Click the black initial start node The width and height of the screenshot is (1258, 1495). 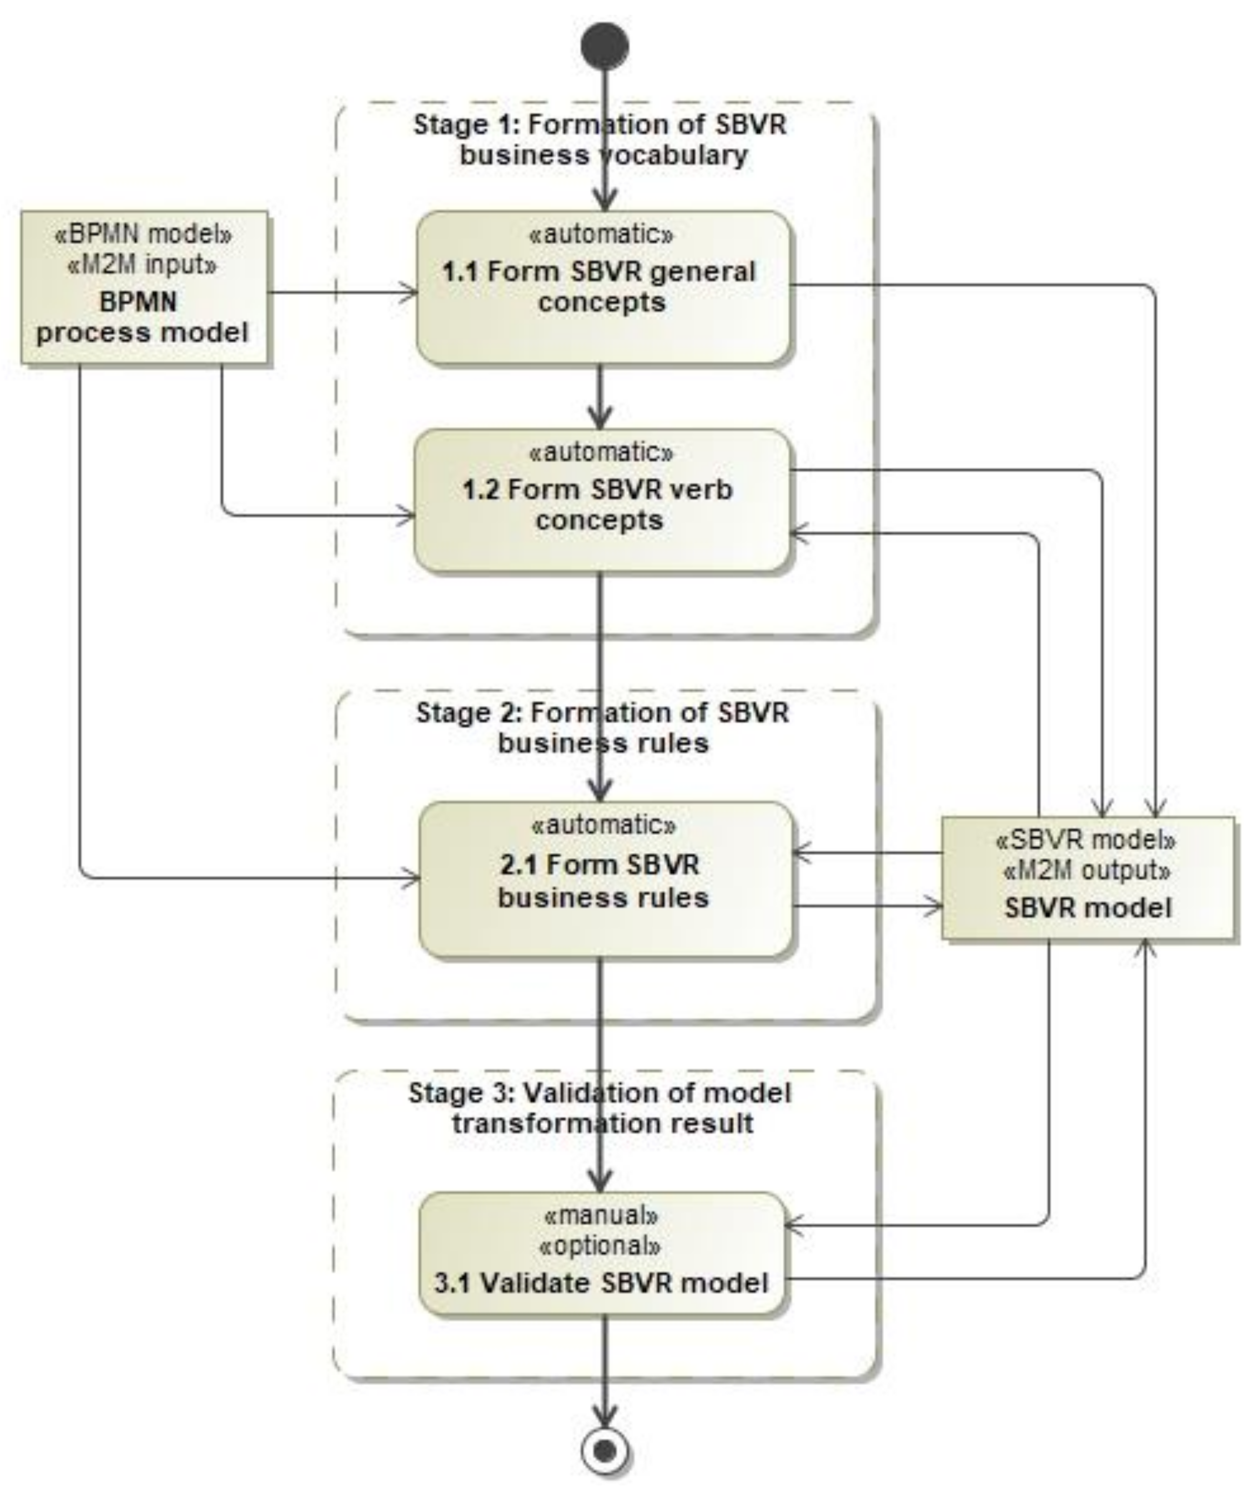(x=605, y=45)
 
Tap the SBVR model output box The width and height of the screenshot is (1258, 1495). (x=1088, y=878)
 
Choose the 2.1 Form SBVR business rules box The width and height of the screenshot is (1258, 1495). (x=605, y=879)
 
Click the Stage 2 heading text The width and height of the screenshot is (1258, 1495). (x=602, y=727)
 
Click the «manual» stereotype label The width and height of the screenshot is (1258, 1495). (x=600, y=1214)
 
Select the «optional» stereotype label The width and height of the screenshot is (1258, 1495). (x=600, y=1245)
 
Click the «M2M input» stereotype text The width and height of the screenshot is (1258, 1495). (x=142, y=265)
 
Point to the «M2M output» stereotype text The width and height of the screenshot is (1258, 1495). (x=1087, y=870)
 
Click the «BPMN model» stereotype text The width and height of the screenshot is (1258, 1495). (x=143, y=234)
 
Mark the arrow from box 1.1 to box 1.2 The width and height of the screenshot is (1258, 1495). (x=600, y=396)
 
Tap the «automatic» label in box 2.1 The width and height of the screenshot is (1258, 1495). (x=604, y=825)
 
